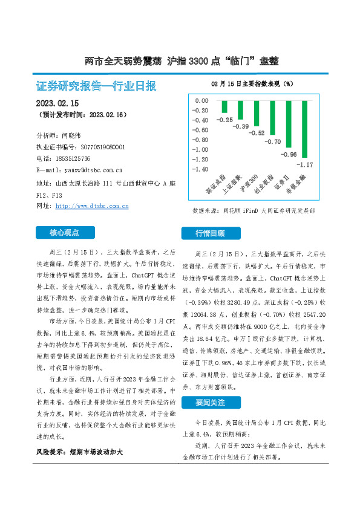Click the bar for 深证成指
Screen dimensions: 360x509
pos(208,106)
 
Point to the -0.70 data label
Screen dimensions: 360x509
pos(273,141)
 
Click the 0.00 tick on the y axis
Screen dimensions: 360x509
pos(200,100)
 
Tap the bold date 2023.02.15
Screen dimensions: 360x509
pos(62,103)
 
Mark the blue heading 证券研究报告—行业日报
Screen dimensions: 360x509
pos(96,85)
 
